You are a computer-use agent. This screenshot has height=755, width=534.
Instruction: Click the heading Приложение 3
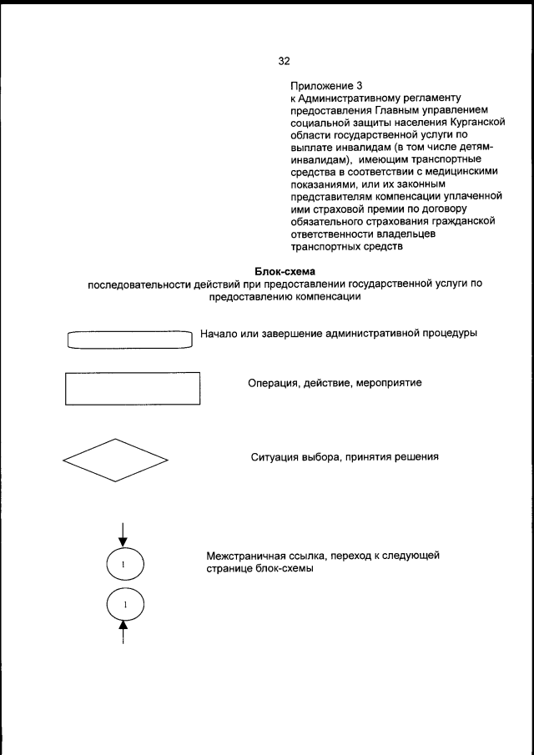click(x=327, y=87)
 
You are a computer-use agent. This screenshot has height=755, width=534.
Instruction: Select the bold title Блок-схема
click(x=282, y=272)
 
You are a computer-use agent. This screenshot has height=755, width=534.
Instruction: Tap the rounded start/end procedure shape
click(x=129, y=339)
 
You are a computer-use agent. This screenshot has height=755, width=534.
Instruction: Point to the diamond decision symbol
click(x=115, y=461)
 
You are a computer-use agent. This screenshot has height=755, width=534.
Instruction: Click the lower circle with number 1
click(x=125, y=604)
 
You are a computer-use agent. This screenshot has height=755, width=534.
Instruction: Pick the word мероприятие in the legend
click(x=390, y=384)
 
